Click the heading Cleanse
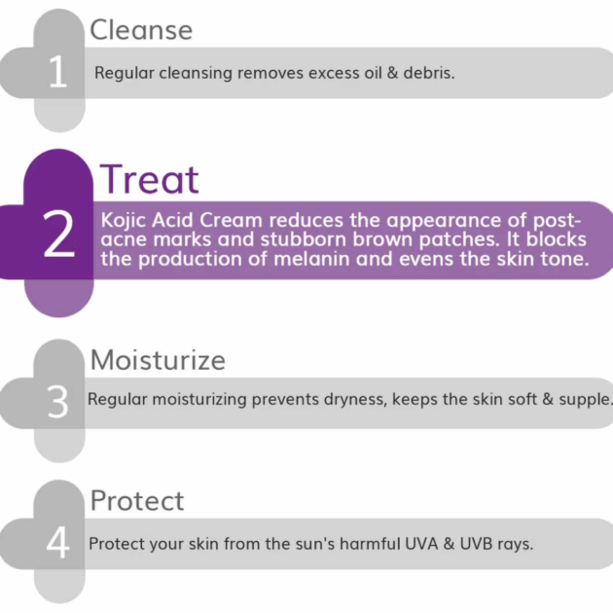click(141, 30)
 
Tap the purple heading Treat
click(149, 179)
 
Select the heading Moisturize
click(158, 360)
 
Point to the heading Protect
click(137, 500)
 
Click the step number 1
click(57, 71)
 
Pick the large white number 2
click(58, 234)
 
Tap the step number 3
click(57, 402)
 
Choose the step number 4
click(57, 542)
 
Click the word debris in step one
click(429, 73)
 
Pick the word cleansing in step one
click(196, 74)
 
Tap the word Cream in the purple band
click(231, 221)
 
